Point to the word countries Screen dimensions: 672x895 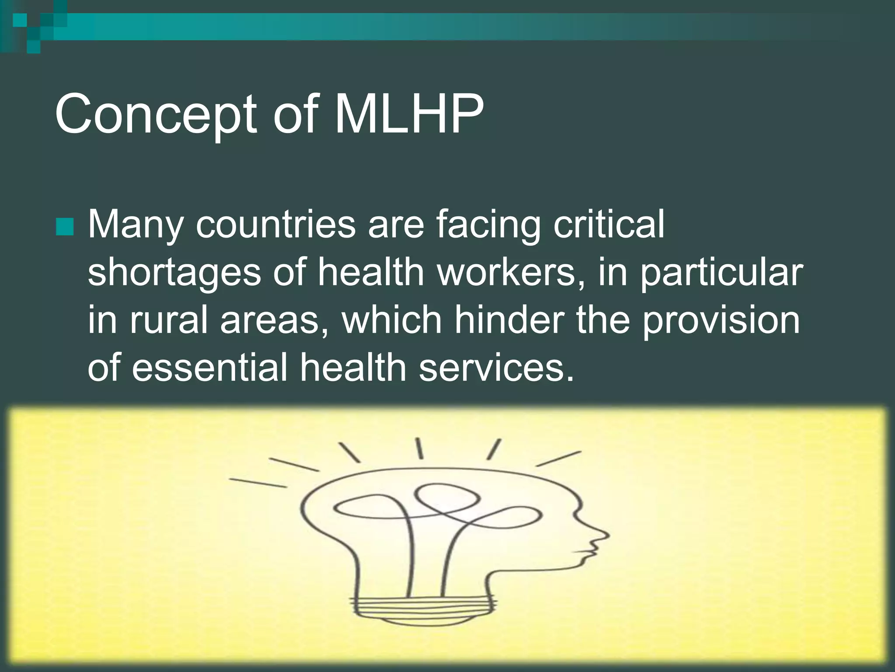click(x=275, y=224)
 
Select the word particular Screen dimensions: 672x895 click(x=721, y=273)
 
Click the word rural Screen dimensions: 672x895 click(x=169, y=319)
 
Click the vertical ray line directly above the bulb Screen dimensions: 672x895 click(x=419, y=448)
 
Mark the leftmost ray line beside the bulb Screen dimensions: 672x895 click(x=258, y=483)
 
